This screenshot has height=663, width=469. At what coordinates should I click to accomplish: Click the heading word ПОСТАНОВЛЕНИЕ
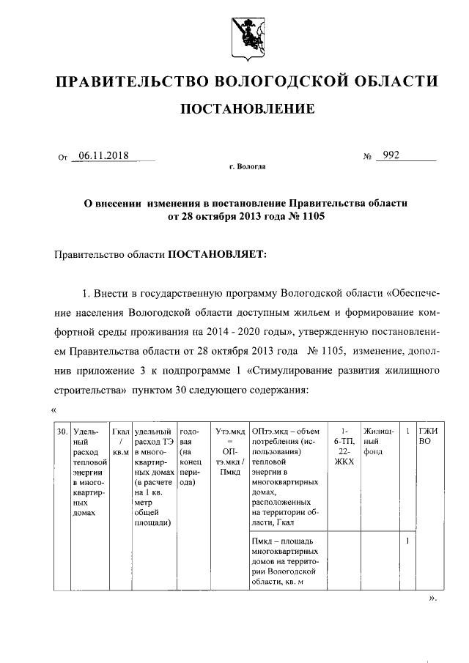point(248,109)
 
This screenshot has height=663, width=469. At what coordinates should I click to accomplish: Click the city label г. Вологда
point(247,167)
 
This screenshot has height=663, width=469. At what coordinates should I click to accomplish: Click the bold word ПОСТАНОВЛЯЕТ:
point(218,254)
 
